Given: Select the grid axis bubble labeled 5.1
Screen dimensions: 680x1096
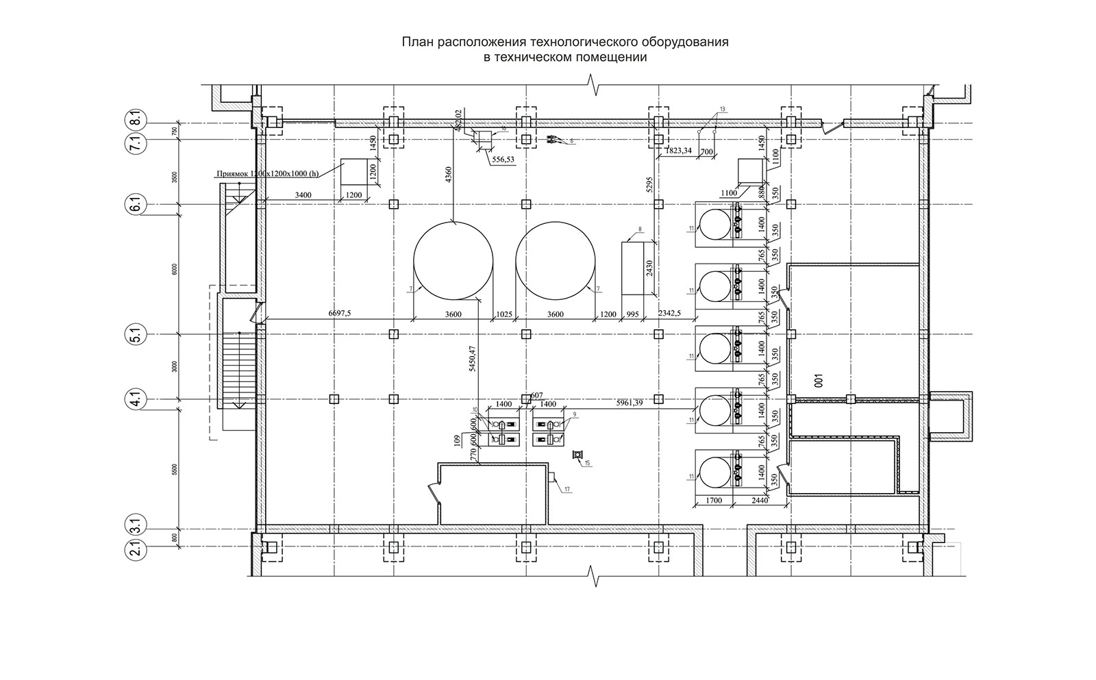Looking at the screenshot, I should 134,336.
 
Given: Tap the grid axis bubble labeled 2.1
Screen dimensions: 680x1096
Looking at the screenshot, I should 134,549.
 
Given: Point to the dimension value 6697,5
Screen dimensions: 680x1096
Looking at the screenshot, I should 340,314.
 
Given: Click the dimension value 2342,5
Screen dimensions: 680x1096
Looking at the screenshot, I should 669,314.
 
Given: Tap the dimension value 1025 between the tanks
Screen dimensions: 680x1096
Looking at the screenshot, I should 504,314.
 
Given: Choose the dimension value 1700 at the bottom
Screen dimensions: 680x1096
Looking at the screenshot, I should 714,501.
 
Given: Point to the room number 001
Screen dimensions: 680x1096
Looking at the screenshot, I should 818,380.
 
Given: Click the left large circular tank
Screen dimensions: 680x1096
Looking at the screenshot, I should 453,260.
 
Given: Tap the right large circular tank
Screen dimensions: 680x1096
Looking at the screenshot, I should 556,260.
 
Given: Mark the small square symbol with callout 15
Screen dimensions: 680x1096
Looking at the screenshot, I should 577,455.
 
